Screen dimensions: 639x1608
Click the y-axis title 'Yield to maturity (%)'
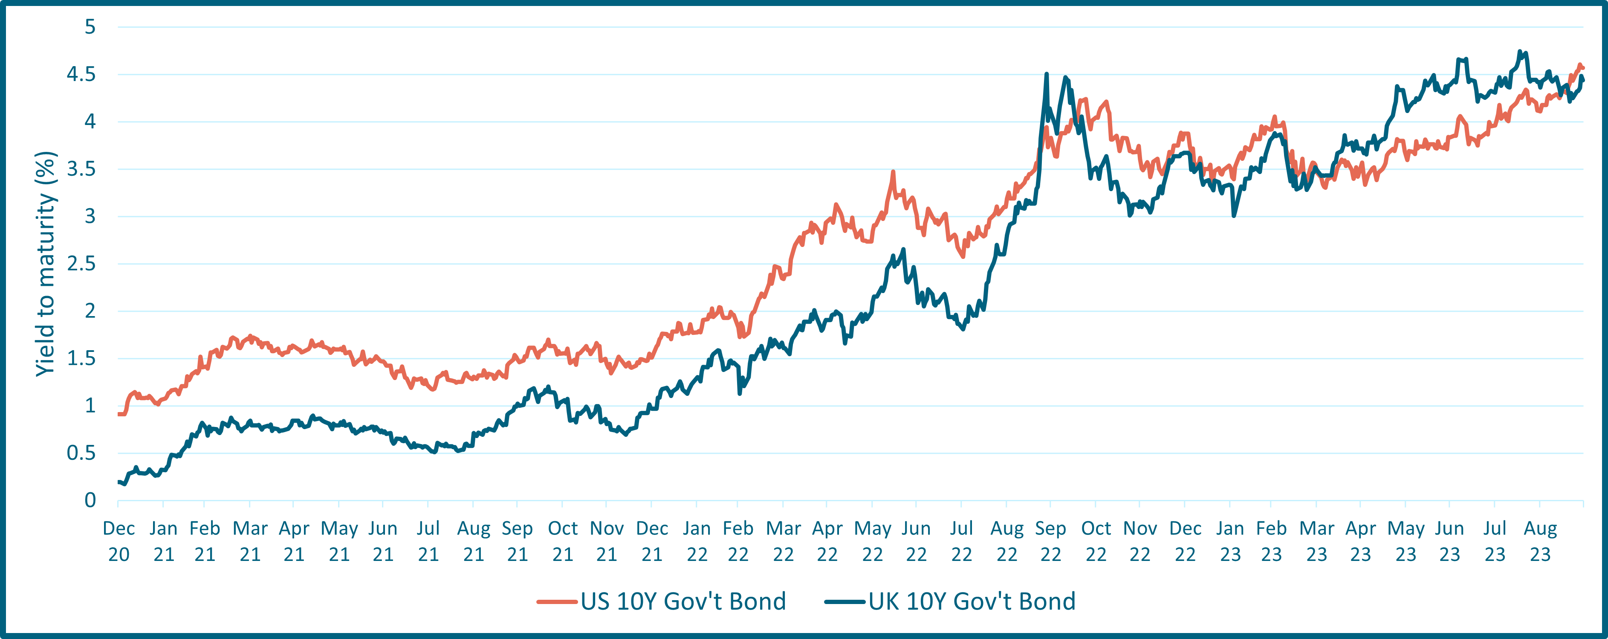(46, 264)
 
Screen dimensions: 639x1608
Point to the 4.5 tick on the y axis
(81, 74)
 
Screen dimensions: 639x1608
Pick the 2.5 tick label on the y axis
(81, 264)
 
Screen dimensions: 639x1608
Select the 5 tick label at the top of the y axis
(90, 27)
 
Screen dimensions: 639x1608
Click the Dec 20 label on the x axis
(119, 541)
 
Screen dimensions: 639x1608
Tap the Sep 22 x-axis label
(1050, 541)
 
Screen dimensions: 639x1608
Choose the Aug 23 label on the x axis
(1540, 541)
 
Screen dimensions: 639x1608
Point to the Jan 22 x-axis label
(697, 541)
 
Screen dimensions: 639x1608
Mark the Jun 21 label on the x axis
(383, 541)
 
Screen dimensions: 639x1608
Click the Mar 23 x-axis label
(1316, 541)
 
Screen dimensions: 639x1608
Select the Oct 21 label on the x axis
(562, 541)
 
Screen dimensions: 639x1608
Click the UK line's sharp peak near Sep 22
(1046, 74)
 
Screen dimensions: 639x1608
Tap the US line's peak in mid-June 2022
(893, 172)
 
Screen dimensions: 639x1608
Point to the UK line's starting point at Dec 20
(119, 482)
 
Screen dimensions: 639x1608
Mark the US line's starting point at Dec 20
(119, 413)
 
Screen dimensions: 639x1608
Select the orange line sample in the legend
(556, 601)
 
